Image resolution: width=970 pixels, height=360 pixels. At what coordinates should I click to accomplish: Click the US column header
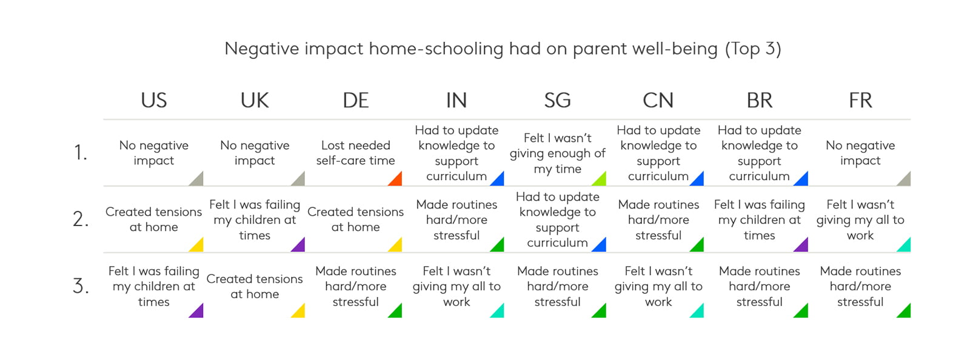154,101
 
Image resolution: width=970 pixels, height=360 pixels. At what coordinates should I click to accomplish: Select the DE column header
355,101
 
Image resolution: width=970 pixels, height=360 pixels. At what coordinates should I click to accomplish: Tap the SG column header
557,101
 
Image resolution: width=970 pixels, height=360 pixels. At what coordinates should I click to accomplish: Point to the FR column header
860,101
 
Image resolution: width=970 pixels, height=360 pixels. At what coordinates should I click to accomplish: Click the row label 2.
81,219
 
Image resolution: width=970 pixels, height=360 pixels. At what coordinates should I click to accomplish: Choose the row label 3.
81,286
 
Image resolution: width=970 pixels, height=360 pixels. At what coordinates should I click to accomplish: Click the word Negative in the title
261,48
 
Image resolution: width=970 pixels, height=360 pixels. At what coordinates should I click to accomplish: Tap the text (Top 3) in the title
753,48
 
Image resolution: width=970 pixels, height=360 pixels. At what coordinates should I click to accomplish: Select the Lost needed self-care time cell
355,153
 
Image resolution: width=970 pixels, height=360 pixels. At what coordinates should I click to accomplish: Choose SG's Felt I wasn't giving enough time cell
557,153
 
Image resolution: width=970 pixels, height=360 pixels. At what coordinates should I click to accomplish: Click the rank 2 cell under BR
759,220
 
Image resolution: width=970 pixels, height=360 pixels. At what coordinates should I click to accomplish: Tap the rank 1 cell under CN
658,153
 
